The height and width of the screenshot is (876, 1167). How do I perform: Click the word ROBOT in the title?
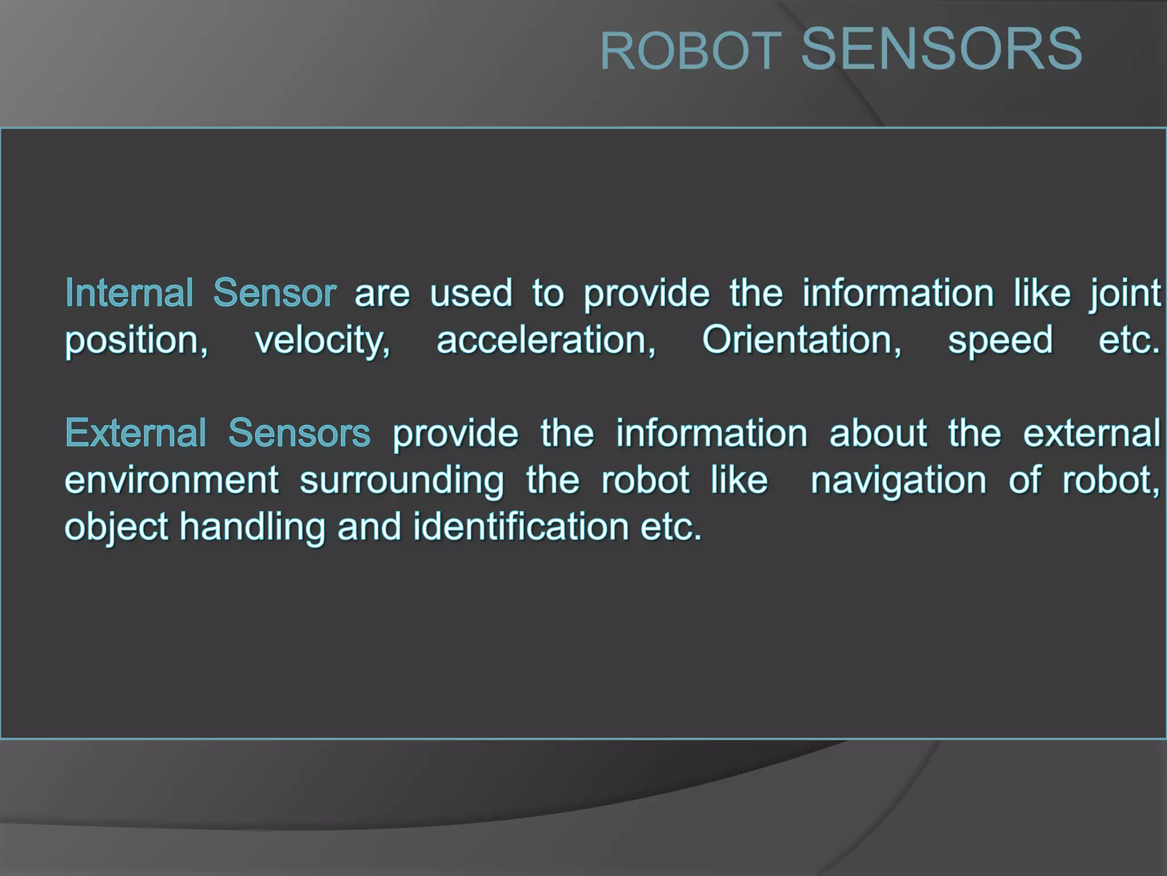click(691, 52)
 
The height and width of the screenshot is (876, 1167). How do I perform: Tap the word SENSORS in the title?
click(941, 50)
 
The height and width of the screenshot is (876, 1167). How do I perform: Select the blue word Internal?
click(129, 293)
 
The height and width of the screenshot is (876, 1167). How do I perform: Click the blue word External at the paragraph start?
click(136, 433)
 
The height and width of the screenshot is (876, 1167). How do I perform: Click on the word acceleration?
click(546, 340)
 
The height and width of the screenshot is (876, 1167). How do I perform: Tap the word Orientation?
click(802, 340)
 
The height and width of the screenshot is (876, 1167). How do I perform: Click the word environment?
click(172, 480)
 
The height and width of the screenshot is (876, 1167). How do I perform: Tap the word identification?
click(520, 526)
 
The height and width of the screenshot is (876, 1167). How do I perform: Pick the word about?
click(878, 433)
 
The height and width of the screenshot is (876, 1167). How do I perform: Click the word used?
click(471, 293)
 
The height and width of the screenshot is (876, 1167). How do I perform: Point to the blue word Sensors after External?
click(299, 433)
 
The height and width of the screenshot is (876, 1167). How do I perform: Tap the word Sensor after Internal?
click(275, 293)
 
